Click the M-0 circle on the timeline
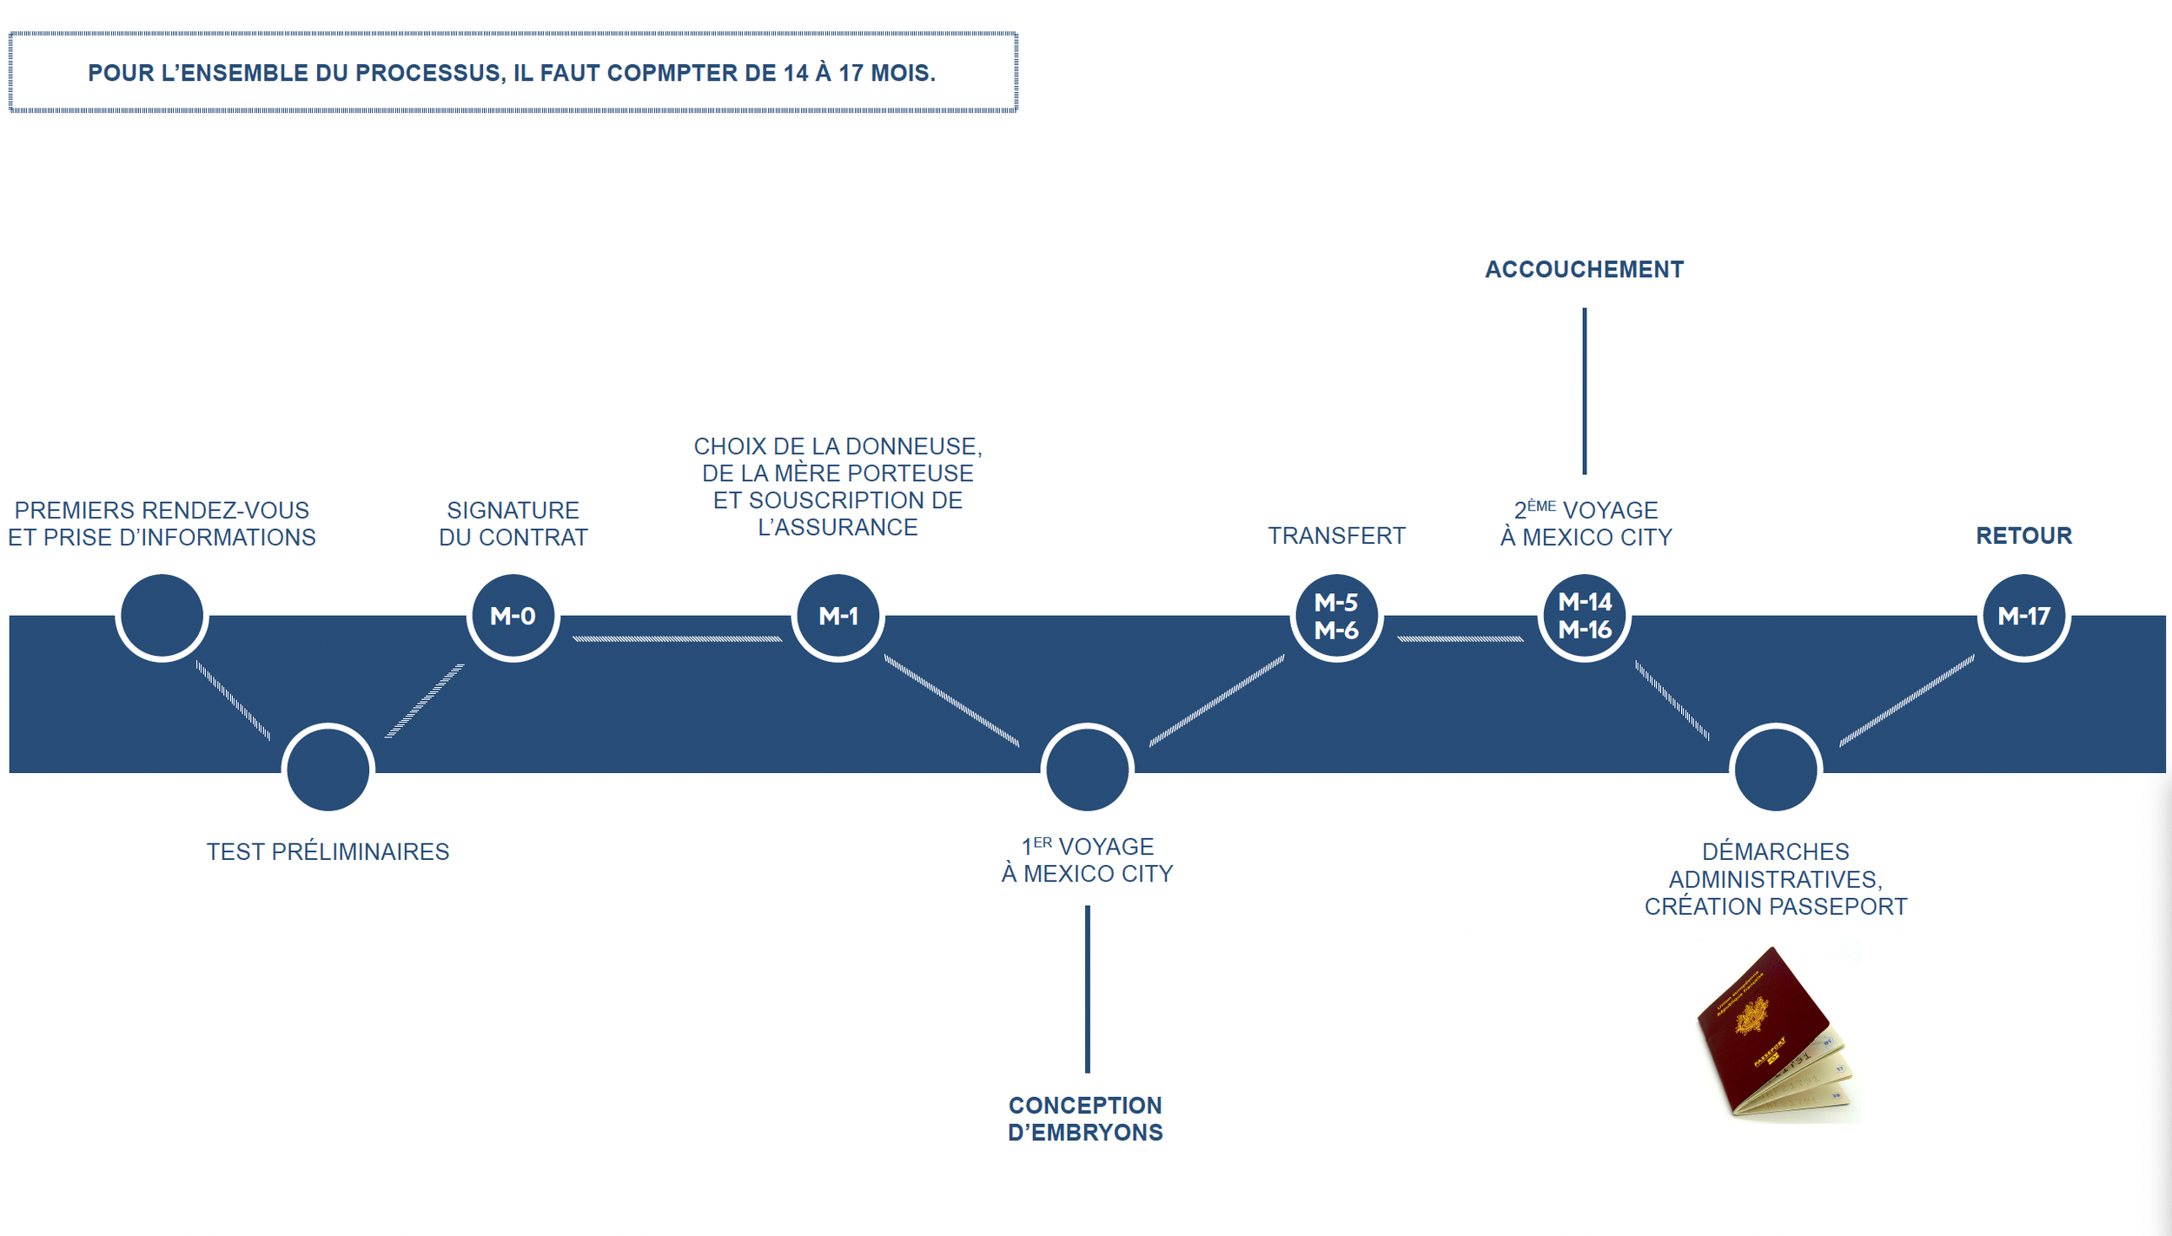click(513, 616)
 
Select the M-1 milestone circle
click(838, 616)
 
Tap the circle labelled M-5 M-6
click(1336, 616)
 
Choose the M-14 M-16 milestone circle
click(1584, 616)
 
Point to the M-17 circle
click(2023, 616)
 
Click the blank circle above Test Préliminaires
click(328, 769)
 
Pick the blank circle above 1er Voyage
click(1087, 769)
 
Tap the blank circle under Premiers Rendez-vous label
click(162, 616)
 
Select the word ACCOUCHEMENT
click(1584, 269)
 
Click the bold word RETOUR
click(2023, 535)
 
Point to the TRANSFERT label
click(1336, 535)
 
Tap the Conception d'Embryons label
click(1085, 1119)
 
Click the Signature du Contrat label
click(513, 523)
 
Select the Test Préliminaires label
click(328, 851)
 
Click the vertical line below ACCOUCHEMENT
click(1584, 391)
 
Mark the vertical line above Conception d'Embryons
click(1087, 989)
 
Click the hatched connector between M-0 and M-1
click(677, 638)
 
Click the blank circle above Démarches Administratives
click(1775, 769)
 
